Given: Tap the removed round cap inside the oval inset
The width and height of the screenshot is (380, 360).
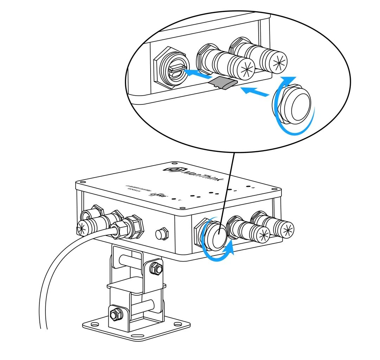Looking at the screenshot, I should pos(297,102).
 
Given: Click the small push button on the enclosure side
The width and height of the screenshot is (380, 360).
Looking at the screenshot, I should pos(162,233).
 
